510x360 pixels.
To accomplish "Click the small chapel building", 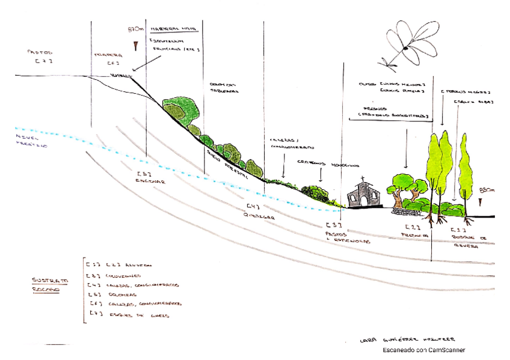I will pyautogui.click(x=364, y=194).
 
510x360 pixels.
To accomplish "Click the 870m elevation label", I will pyautogui.click(x=137, y=29).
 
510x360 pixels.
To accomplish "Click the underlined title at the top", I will pyautogui.click(x=176, y=28).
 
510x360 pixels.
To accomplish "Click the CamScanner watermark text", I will pyautogui.click(x=425, y=350).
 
